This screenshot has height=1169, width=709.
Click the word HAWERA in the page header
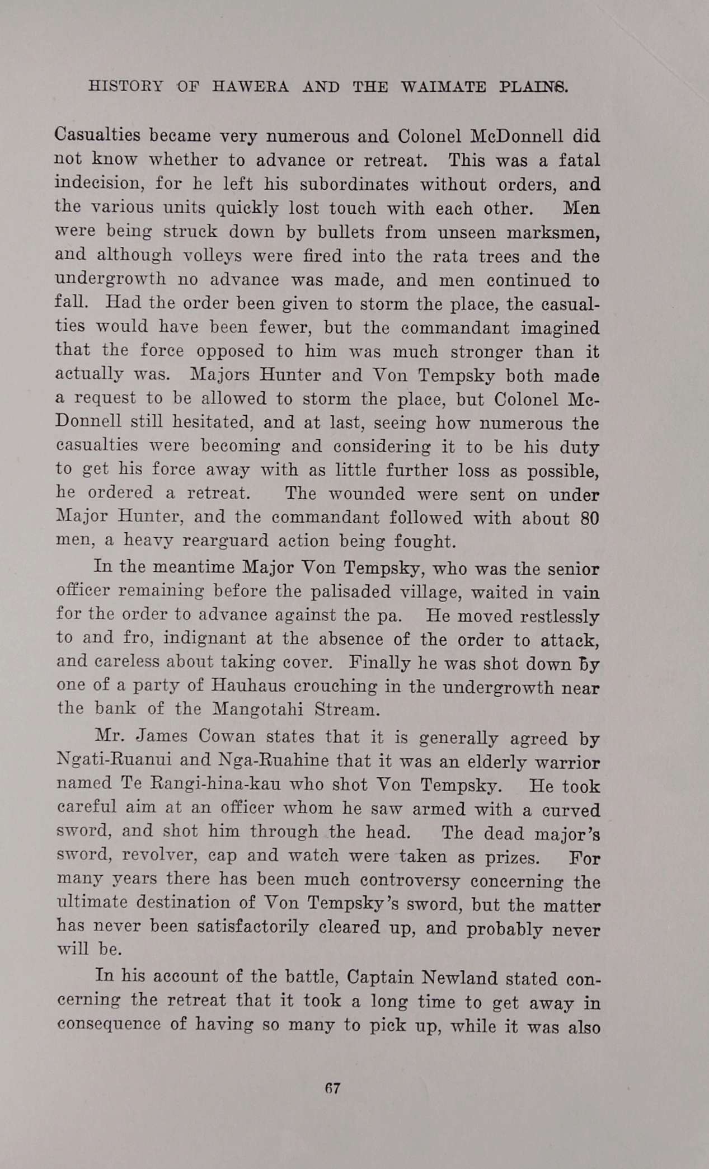(x=251, y=87)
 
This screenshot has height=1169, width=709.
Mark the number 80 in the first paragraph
(x=589, y=518)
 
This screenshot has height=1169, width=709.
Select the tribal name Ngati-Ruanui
(x=114, y=760)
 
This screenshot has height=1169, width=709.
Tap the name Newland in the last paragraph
(x=459, y=978)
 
